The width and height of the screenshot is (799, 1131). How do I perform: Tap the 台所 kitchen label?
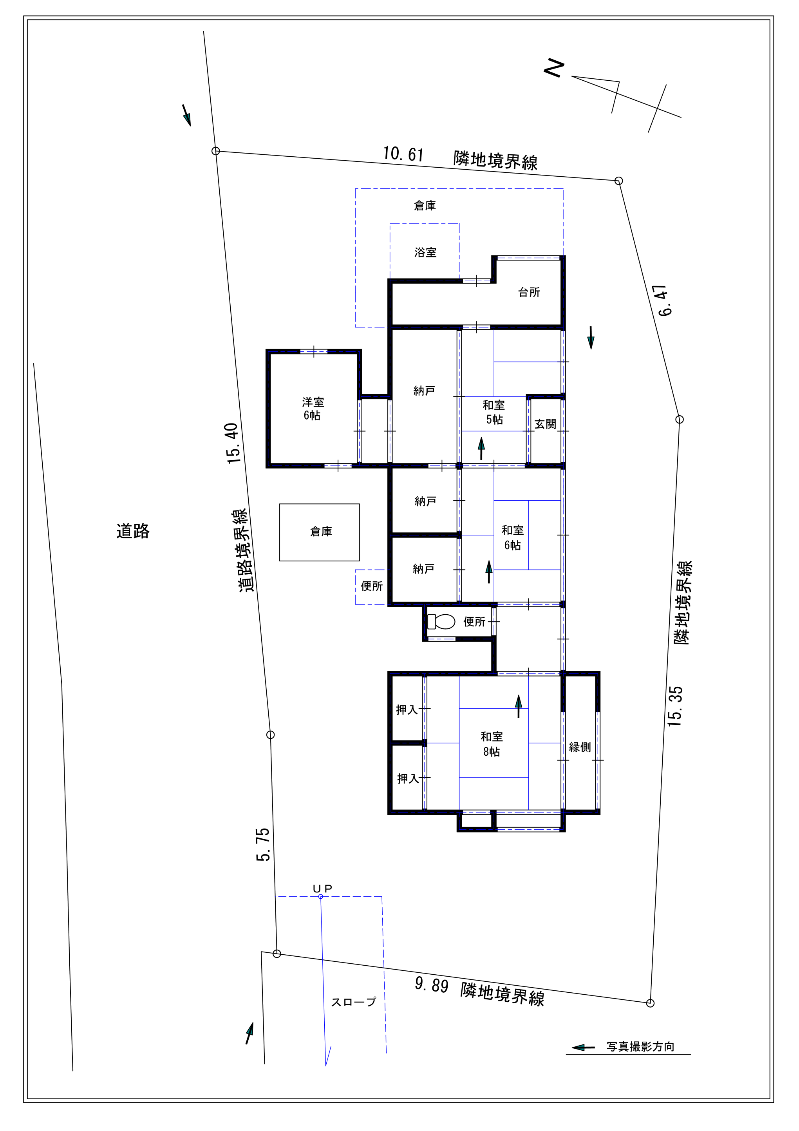click(x=529, y=292)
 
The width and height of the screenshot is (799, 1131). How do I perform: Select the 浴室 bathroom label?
click(x=425, y=252)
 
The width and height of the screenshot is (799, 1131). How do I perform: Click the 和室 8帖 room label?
click(x=492, y=744)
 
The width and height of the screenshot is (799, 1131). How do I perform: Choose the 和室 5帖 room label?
click(x=493, y=412)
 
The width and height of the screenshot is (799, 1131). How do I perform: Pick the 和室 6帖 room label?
click(x=512, y=537)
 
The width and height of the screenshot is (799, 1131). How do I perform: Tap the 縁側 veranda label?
click(x=580, y=747)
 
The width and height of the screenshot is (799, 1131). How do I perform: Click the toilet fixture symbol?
click(x=441, y=622)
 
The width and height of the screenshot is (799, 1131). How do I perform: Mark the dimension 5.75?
click(x=263, y=844)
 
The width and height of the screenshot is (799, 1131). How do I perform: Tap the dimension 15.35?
click(x=675, y=706)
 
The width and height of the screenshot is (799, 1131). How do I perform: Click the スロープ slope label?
click(x=354, y=1002)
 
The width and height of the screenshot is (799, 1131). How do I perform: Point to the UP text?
click(x=323, y=889)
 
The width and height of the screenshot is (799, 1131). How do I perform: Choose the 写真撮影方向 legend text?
click(x=640, y=1046)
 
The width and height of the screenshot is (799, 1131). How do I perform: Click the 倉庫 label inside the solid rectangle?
click(x=321, y=532)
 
